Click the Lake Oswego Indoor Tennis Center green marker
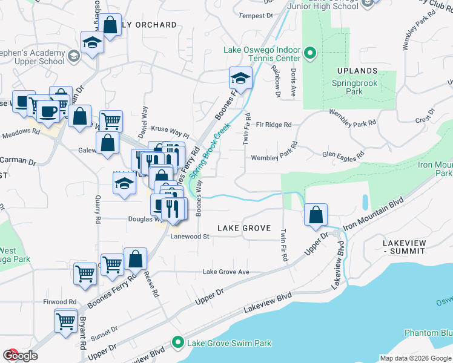point(311,54)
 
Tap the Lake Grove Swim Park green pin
point(178,343)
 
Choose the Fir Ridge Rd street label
point(274,125)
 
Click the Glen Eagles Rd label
point(343,155)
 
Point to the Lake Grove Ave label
point(226,272)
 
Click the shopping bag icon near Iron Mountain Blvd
point(316,215)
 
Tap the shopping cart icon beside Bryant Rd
point(66,321)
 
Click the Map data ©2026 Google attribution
point(415,358)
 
